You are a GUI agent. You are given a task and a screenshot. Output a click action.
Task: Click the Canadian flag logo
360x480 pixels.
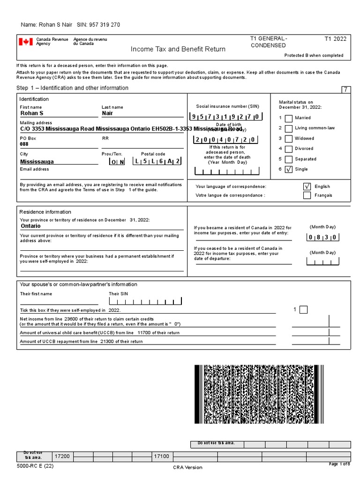tap(25, 42)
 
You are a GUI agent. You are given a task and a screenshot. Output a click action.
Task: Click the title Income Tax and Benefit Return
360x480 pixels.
tap(178, 49)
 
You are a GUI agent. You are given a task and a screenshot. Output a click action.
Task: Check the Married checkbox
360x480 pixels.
tap(289, 118)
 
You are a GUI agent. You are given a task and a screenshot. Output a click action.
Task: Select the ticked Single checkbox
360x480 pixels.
tap(289, 169)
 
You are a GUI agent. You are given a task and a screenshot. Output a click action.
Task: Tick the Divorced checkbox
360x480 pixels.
tap(289, 149)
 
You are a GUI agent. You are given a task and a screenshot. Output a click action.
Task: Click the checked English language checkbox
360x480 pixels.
tap(307, 187)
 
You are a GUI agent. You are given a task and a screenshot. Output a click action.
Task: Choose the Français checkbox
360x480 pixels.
tap(307, 195)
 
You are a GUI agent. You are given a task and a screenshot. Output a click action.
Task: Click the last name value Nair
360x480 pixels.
tap(107, 113)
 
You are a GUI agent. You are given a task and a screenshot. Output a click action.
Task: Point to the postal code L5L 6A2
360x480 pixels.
tap(157, 161)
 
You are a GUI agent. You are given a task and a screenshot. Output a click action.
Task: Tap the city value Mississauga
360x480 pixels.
tap(37, 162)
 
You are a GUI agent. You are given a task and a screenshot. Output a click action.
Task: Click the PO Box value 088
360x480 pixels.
tap(24, 145)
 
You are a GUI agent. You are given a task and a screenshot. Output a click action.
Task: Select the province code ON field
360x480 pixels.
tap(117, 162)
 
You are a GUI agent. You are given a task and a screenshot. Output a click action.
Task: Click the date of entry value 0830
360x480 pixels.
tap(322, 238)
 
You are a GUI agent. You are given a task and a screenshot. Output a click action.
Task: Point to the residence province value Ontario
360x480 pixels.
tap(30, 226)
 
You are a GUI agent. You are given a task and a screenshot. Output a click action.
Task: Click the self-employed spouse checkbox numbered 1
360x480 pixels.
tap(303, 309)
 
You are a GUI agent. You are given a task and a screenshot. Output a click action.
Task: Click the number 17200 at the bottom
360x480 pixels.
tap(62, 456)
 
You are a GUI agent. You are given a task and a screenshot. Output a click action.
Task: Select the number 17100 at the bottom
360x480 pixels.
tap(161, 456)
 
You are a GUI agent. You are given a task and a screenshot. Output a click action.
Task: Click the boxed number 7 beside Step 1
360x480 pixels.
tap(345, 90)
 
